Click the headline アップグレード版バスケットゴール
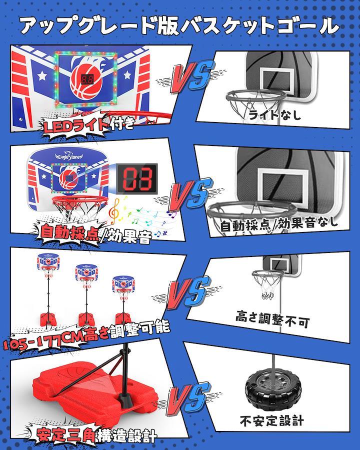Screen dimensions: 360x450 179,26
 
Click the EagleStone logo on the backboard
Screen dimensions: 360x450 68,156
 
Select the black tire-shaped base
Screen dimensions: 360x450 273,389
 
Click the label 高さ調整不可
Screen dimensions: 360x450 272,319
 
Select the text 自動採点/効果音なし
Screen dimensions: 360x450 279,224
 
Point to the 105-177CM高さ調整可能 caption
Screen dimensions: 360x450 86,334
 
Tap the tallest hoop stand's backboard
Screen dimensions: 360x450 48,261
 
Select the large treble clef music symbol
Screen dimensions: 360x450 115,212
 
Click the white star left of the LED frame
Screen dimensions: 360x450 42,75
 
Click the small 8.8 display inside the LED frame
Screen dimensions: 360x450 86,79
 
